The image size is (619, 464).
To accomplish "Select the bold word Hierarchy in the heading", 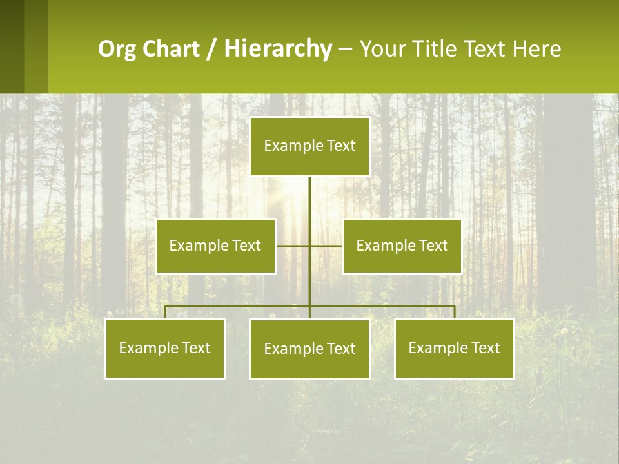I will pyautogui.click(x=277, y=49).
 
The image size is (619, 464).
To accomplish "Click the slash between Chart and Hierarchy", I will pyautogui.click(x=211, y=50).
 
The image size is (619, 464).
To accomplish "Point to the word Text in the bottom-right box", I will pyautogui.click(x=485, y=348).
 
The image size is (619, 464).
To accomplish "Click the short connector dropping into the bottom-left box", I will pyautogui.click(x=165, y=312).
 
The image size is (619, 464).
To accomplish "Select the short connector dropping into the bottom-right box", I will pyautogui.click(x=455, y=312).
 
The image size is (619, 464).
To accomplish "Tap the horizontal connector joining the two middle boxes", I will pyautogui.click(x=326, y=246).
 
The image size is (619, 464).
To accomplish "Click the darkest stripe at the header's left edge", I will pyautogui.click(x=12, y=46).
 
